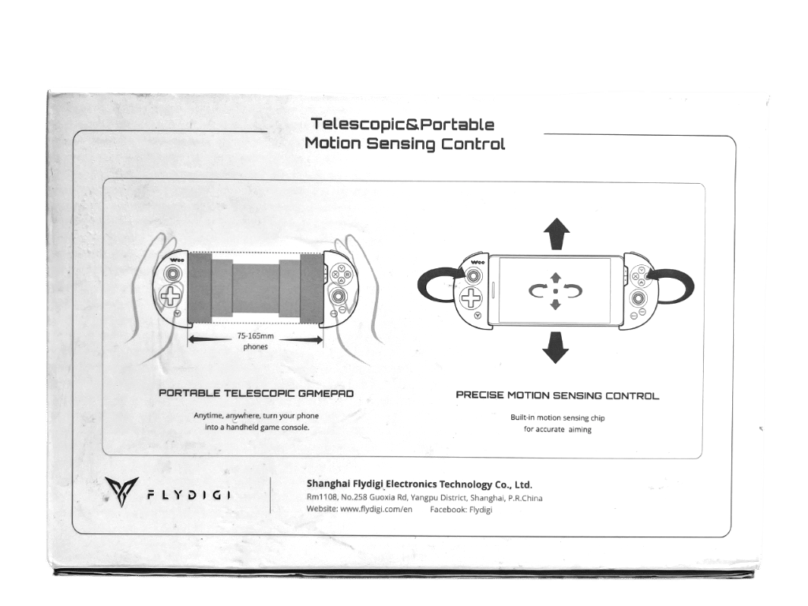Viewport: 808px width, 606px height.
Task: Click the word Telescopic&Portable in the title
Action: pyautogui.click(x=402, y=124)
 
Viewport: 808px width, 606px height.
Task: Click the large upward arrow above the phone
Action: pyautogui.click(x=556, y=234)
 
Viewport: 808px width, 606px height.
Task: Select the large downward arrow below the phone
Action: pyautogui.click(x=555, y=347)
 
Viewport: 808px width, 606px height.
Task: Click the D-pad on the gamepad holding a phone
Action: pyautogui.click(x=470, y=297)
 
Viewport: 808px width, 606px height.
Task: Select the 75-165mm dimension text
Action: pyautogui.click(x=256, y=336)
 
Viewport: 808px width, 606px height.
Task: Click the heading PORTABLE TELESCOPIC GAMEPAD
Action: pyautogui.click(x=256, y=393)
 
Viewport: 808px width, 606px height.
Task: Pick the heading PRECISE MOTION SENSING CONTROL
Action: pyautogui.click(x=557, y=396)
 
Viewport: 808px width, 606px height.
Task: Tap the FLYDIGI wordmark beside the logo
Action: pyautogui.click(x=189, y=496)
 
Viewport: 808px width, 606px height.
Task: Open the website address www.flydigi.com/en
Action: pyautogui.click(x=376, y=509)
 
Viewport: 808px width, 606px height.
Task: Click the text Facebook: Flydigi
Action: pyautogui.click(x=461, y=510)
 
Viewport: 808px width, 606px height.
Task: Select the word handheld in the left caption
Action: pyautogui.click(x=245, y=427)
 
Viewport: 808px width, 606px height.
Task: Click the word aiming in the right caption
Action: pyautogui.click(x=580, y=429)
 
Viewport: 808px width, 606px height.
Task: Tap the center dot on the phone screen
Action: pyautogui.click(x=555, y=291)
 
